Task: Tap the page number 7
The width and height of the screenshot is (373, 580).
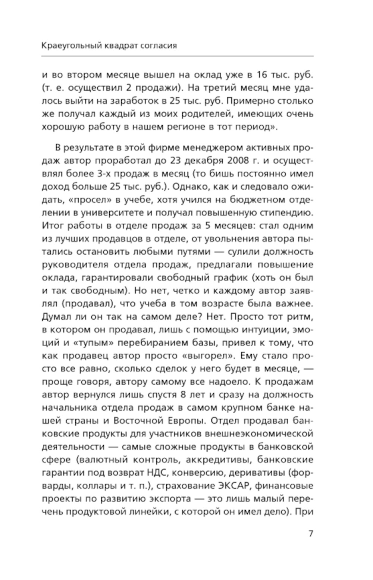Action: pyautogui.click(x=311, y=533)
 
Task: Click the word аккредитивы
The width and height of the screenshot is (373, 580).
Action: pyautogui.click(x=210, y=460)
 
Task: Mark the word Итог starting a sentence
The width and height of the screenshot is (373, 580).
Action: pyautogui.click(x=53, y=226)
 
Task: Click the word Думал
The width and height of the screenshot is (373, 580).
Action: pyautogui.click(x=55, y=317)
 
